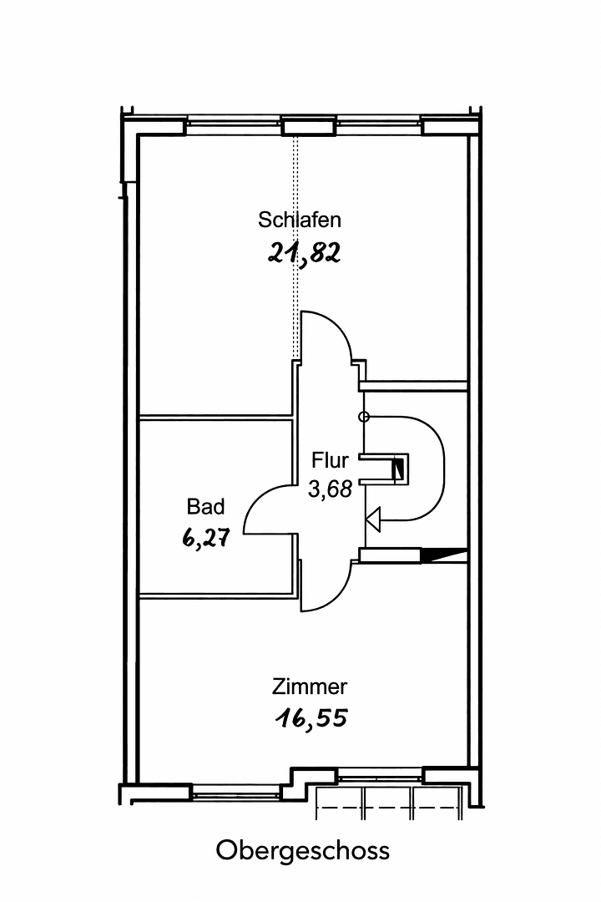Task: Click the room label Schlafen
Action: pos(300,220)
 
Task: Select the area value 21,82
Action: pos(305,253)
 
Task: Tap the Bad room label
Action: pos(205,507)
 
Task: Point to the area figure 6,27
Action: pos(205,539)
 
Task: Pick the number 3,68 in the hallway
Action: pos(330,489)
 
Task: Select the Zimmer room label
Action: pos(310,687)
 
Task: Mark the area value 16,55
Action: pos(310,718)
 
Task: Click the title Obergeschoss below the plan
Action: pos(303,851)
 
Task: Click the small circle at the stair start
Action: pos(362,417)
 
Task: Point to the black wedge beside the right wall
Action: pos(444,553)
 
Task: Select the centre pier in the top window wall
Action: pos(295,126)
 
